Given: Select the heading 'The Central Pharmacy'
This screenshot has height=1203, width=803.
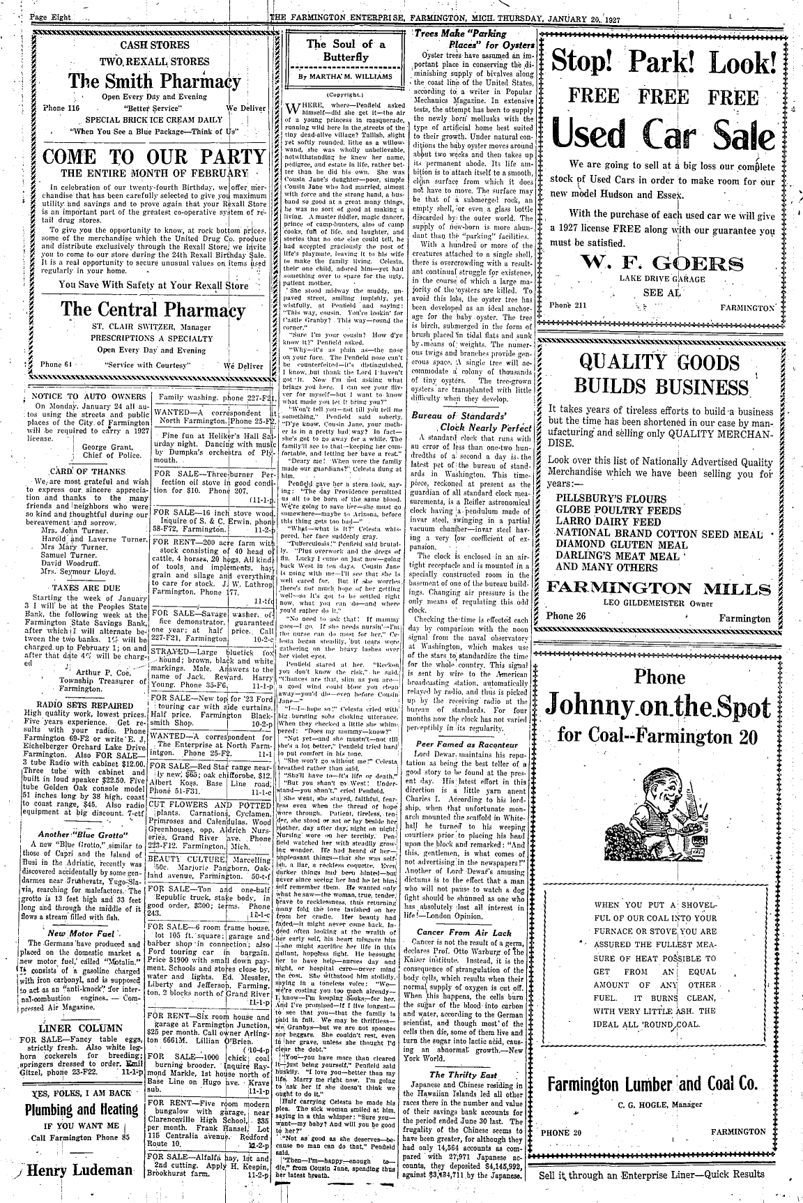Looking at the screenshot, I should tap(153, 309).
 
